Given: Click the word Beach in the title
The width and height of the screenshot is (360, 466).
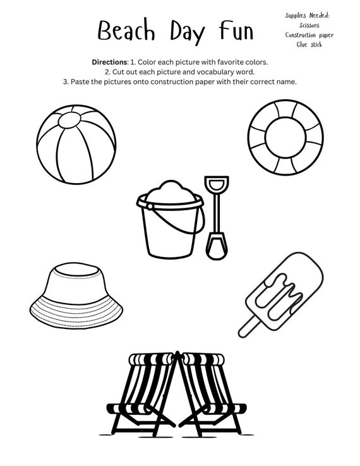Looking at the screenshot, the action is (126, 30).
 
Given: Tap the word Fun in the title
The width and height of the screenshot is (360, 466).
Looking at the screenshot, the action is (236, 30).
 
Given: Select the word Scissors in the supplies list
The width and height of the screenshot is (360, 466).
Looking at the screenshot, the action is (309, 25).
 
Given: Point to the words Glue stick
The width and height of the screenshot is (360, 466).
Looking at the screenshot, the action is (309, 45).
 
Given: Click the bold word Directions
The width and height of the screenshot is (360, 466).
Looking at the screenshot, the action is (109, 62).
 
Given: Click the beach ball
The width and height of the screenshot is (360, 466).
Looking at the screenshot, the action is (76, 144).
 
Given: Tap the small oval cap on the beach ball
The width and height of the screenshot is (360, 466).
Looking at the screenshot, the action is (69, 121).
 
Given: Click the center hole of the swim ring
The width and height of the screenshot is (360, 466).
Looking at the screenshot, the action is (285, 137).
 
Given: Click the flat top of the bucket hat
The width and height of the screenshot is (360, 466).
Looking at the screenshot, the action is (76, 270).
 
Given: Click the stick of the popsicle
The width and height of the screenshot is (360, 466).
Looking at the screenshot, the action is (248, 327).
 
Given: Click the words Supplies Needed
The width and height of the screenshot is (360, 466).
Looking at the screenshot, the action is (308, 16).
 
